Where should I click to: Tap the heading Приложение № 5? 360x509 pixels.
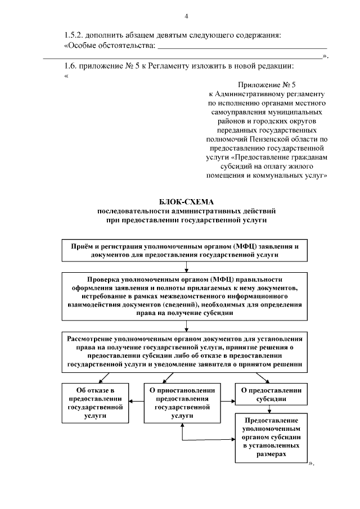pyautogui.click(x=267, y=85)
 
